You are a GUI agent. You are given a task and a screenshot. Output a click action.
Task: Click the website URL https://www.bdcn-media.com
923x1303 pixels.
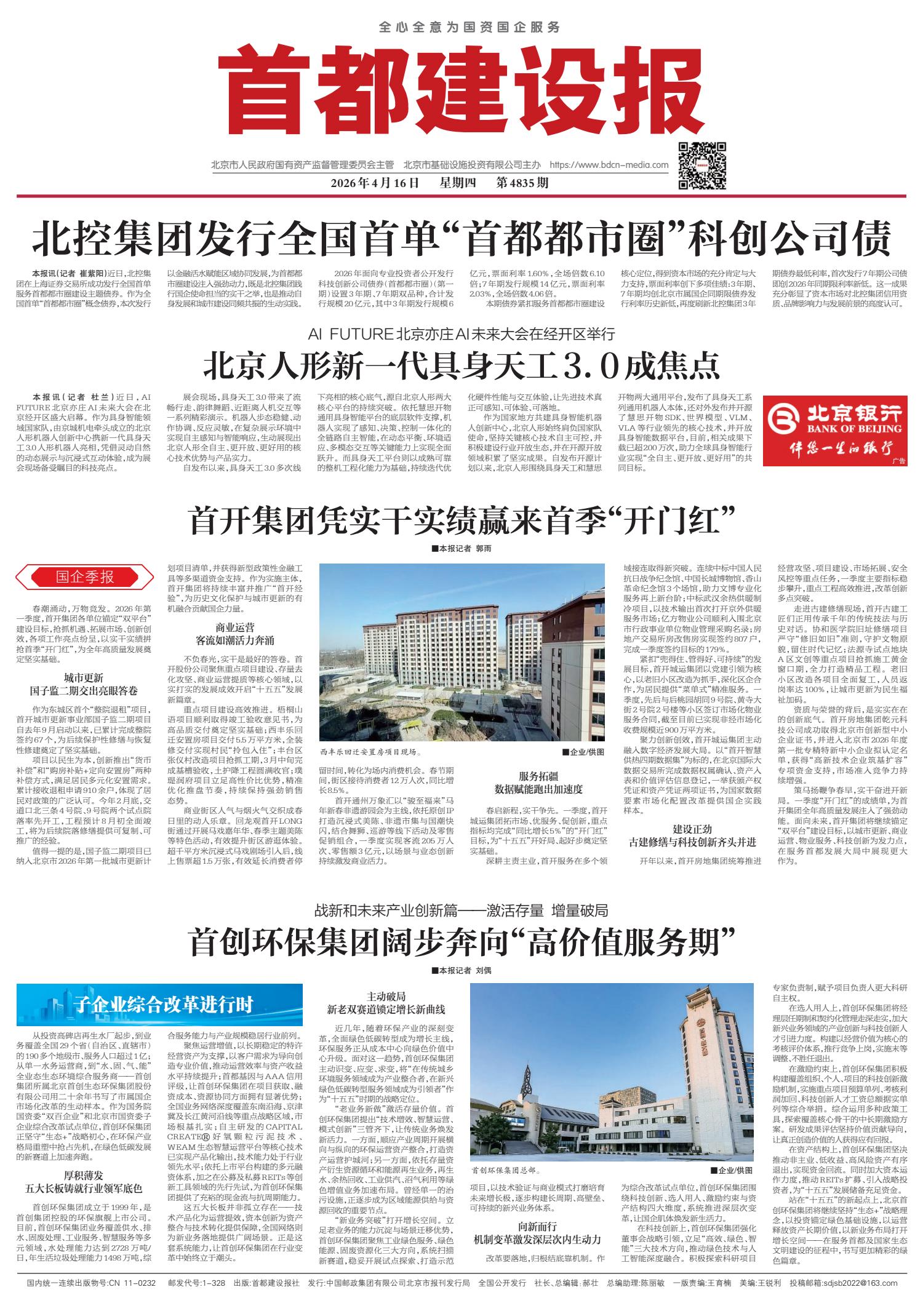coord(608,165)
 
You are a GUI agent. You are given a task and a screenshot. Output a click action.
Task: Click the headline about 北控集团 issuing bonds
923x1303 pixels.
coord(461,239)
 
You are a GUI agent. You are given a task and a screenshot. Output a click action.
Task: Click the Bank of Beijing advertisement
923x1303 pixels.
coord(834,430)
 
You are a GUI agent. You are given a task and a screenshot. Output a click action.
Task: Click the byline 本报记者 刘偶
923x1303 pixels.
coord(461,970)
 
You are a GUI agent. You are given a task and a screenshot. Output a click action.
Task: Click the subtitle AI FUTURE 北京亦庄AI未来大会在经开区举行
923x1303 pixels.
coord(461,335)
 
